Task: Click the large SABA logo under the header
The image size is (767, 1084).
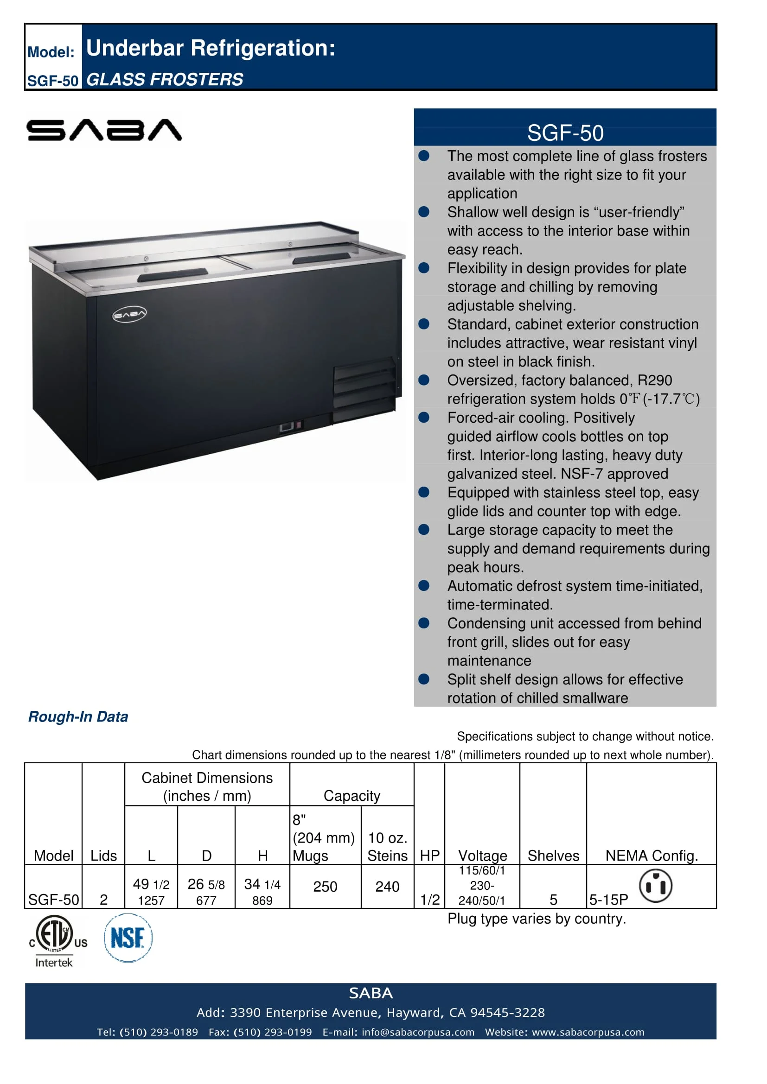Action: [104, 130]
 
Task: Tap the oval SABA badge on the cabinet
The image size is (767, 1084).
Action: [129, 314]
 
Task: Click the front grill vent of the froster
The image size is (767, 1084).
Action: [364, 390]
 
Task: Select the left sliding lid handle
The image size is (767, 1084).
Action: [173, 275]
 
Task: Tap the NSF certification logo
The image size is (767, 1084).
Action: [128, 938]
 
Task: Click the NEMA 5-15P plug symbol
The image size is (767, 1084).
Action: [656, 886]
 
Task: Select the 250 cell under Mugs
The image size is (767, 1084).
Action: [325, 887]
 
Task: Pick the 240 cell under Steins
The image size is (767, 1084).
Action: [387, 887]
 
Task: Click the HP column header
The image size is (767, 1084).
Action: [429, 856]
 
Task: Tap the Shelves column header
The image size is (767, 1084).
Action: [553, 856]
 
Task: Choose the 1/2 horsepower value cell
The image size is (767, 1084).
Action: [430, 900]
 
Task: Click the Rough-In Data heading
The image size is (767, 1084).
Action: [78, 716]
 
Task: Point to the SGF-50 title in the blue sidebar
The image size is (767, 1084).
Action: [565, 133]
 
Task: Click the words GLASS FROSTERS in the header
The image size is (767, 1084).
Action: [165, 79]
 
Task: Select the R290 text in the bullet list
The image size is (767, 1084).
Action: [654, 380]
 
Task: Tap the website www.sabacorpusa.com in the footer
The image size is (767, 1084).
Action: [588, 1032]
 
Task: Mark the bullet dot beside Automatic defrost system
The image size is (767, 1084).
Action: [424, 585]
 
